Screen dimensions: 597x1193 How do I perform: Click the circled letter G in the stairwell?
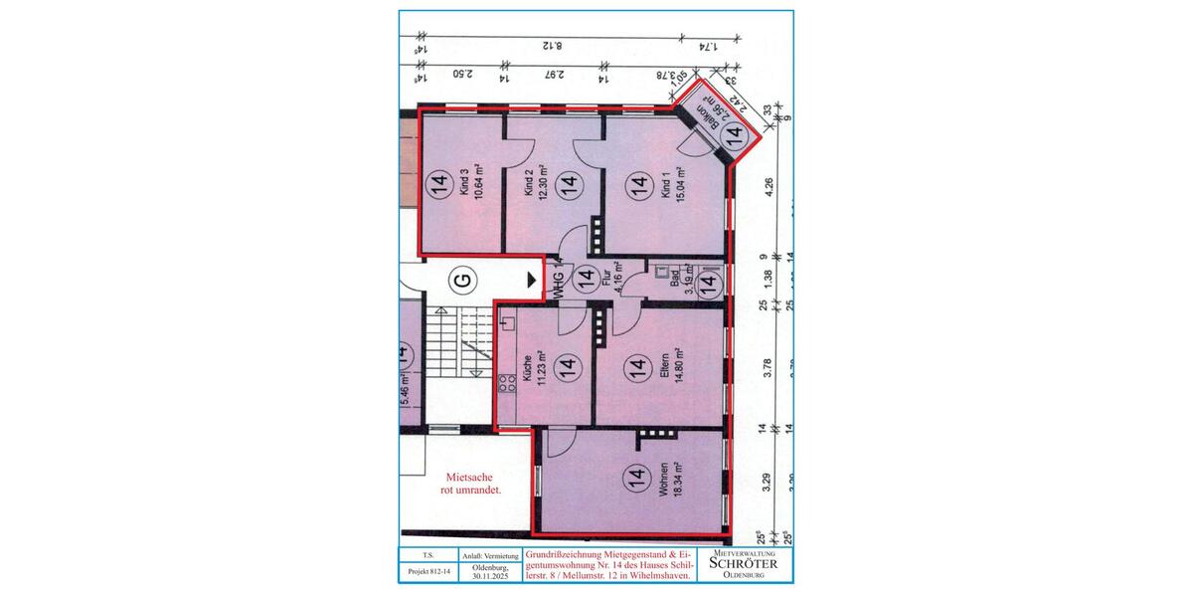tap(460, 281)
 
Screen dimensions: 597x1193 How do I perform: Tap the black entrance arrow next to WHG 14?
tap(531, 281)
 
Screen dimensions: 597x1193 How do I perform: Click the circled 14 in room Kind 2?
tap(568, 183)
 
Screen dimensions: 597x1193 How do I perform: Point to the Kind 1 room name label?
tap(665, 186)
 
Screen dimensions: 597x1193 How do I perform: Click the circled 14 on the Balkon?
tap(736, 141)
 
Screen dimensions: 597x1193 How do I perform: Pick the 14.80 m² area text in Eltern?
tap(677, 370)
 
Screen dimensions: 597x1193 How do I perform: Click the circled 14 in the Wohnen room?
tap(634, 480)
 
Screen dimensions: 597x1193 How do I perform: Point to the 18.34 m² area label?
tap(677, 480)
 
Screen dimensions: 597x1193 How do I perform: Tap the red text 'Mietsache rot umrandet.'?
tap(470, 484)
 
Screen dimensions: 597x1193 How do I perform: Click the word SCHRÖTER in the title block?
tap(745, 563)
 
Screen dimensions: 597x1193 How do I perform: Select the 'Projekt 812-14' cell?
tap(427, 572)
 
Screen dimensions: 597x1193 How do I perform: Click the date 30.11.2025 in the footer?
tap(485, 572)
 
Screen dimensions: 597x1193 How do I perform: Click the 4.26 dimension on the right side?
tap(767, 188)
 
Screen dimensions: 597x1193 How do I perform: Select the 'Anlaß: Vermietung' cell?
tap(485, 554)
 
